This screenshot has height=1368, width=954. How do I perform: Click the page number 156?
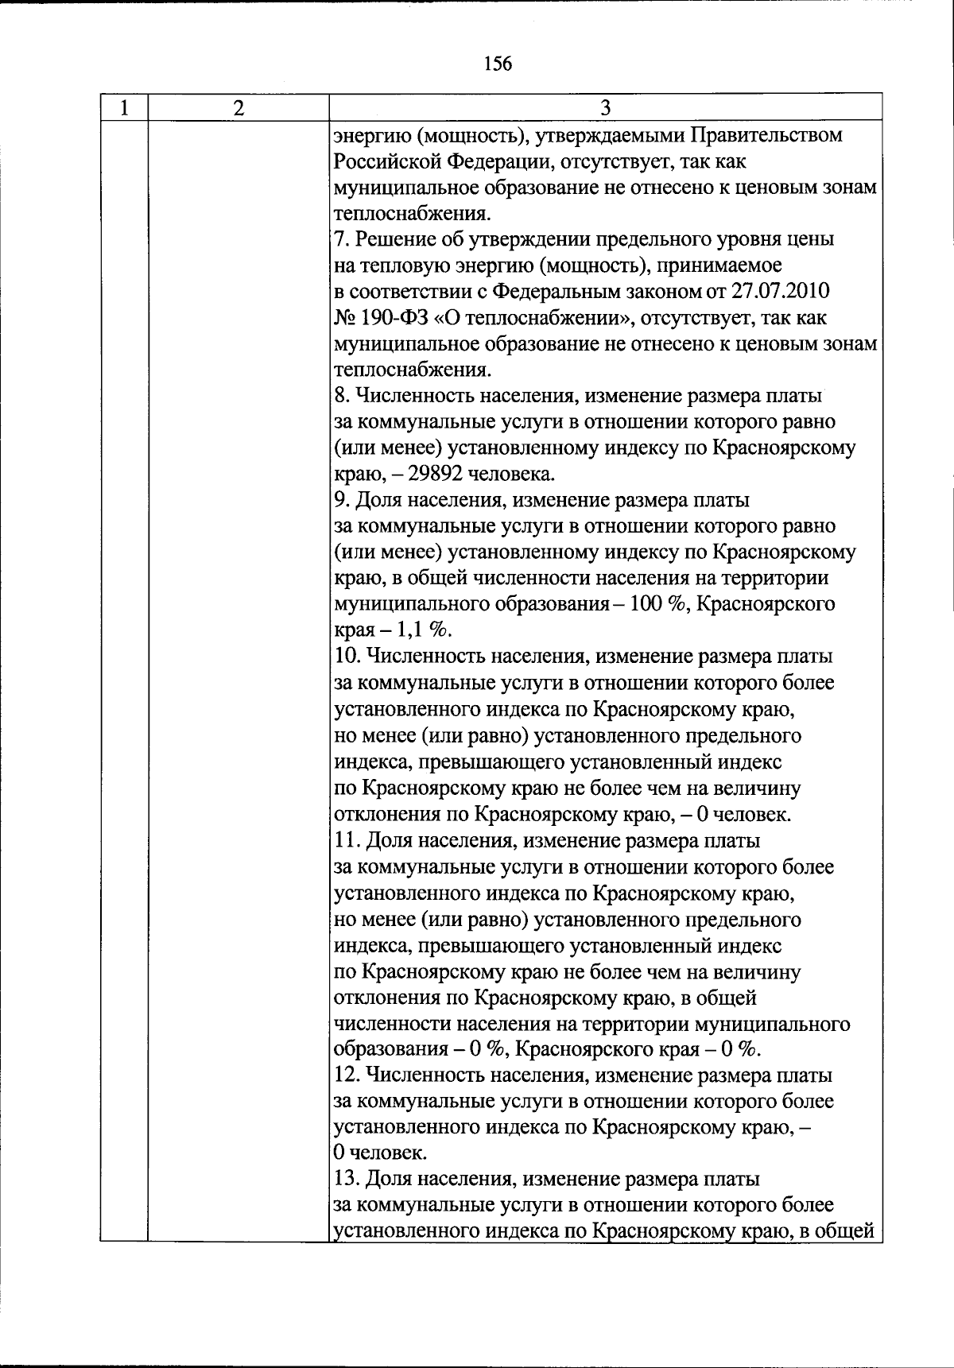pyautogui.click(x=498, y=64)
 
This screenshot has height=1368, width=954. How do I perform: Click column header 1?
pyautogui.click(x=124, y=108)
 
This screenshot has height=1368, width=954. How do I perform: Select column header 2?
pyautogui.click(x=238, y=108)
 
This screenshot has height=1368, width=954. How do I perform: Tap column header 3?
pyautogui.click(x=605, y=108)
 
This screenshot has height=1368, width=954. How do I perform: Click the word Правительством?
pyautogui.click(x=766, y=136)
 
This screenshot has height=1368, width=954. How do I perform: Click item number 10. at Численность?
pyautogui.click(x=345, y=657)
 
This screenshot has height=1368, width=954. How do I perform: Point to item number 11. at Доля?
pyautogui.click(x=345, y=841)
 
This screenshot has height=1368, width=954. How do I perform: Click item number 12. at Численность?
pyautogui.click(x=345, y=1076)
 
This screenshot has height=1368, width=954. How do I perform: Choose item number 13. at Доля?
pyautogui.click(x=345, y=1180)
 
